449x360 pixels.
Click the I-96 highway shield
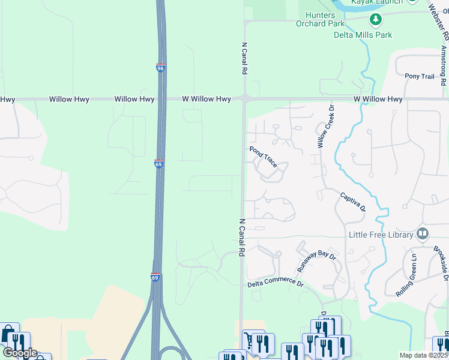[x=160, y=68]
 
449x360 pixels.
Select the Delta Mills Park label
[x=363, y=35]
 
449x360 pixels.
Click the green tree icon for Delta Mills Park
[x=376, y=20]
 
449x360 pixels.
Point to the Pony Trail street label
[x=419, y=76]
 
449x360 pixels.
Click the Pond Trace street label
[x=263, y=155]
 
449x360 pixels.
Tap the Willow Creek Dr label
[x=325, y=127]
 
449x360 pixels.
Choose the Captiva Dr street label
[x=353, y=202]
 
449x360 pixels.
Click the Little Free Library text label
[x=381, y=234]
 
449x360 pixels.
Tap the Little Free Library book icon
[x=423, y=233]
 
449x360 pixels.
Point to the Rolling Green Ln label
[x=406, y=275]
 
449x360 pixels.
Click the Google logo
[x=19, y=353]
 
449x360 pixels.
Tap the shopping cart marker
[x=249, y=340]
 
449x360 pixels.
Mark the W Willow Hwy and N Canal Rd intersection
[x=244, y=98]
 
